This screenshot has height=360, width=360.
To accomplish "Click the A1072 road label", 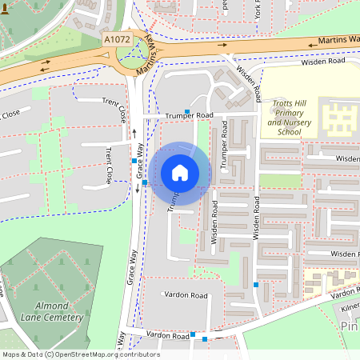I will (116, 38).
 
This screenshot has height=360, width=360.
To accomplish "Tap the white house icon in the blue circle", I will (180, 172).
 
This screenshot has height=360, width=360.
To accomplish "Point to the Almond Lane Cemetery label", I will (48, 311).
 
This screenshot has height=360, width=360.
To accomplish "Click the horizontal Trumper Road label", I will (189, 116).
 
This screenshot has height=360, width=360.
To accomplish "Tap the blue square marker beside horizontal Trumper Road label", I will (187, 111).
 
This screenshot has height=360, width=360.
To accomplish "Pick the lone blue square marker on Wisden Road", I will (255, 285).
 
